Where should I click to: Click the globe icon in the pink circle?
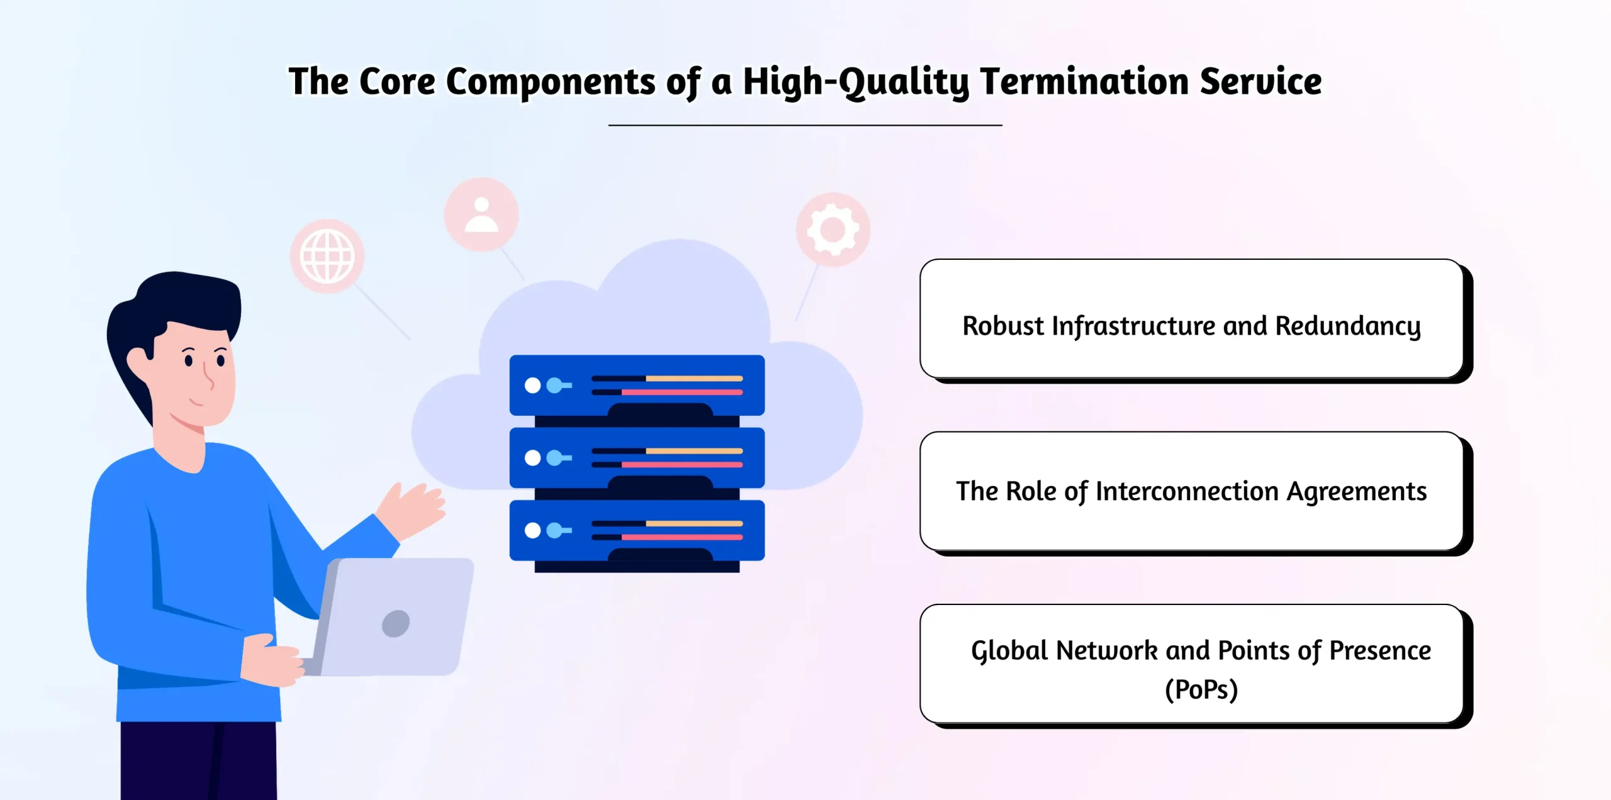(x=327, y=257)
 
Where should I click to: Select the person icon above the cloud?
(x=481, y=214)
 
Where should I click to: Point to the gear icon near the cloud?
(x=833, y=229)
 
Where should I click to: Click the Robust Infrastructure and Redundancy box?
(x=1191, y=319)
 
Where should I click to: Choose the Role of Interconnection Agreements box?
(x=1191, y=491)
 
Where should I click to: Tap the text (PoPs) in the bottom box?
(x=1201, y=690)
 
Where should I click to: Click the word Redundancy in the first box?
(x=1347, y=326)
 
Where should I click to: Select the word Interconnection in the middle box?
(x=1187, y=491)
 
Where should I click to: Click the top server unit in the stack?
(x=637, y=385)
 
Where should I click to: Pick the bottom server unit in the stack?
(x=637, y=530)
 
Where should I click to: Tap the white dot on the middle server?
(x=532, y=458)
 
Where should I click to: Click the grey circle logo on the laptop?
(x=396, y=623)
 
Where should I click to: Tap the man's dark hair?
(x=182, y=302)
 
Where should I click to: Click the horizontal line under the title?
(x=805, y=125)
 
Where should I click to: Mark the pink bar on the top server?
(x=682, y=392)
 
